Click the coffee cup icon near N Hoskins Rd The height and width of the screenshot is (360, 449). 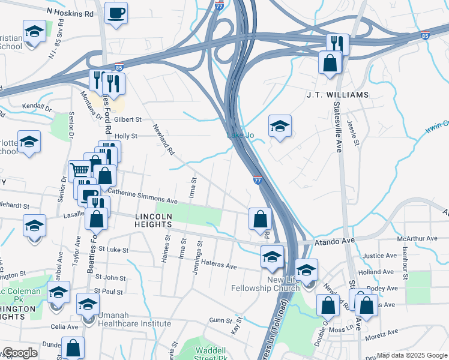coord(116,12)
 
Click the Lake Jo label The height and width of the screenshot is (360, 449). coord(240,136)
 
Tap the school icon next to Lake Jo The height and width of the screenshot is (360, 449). coord(279,126)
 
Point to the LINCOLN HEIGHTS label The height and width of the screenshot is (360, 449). coord(162,220)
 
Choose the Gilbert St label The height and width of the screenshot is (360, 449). coord(127,119)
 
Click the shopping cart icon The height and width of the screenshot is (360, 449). coord(79,171)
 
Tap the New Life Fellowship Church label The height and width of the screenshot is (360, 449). coord(265,284)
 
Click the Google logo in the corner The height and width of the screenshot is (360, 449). coord(20,353)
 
